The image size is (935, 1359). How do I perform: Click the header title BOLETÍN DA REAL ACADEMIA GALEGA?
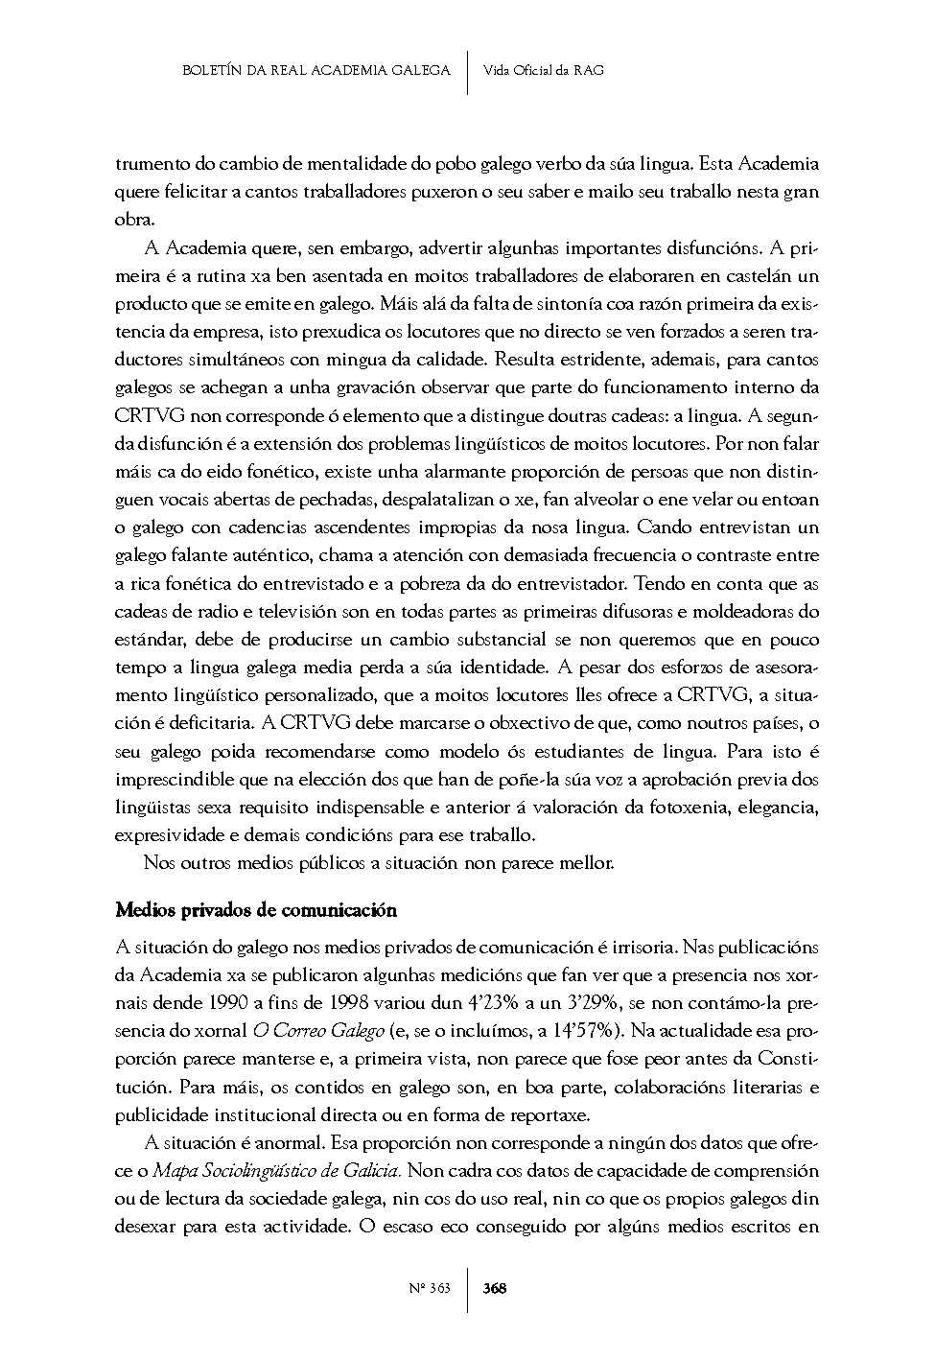pyautogui.click(x=316, y=71)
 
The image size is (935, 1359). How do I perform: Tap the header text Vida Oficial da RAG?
pyautogui.click(x=544, y=71)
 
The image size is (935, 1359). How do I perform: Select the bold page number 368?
pyautogui.click(x=495, y=1288)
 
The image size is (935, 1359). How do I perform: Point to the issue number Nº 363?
pyautogui.click(x=429, y=1288)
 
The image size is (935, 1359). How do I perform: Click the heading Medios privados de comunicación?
pyautogui.click(x=255, y=909)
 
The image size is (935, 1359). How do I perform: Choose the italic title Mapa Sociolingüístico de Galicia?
pyautogui.click(x=279, y=1171)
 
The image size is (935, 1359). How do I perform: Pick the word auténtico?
pyautogui.click(x=272, y=555)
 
